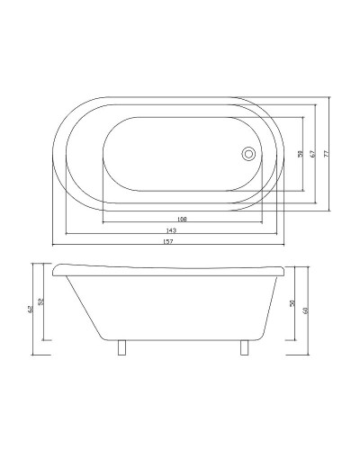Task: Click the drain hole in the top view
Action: (249, 154)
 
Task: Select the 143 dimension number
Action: (170, 230)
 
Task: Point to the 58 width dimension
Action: (300, 154)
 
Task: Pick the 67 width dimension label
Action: (311, 154)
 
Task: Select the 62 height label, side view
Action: (30, 310)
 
